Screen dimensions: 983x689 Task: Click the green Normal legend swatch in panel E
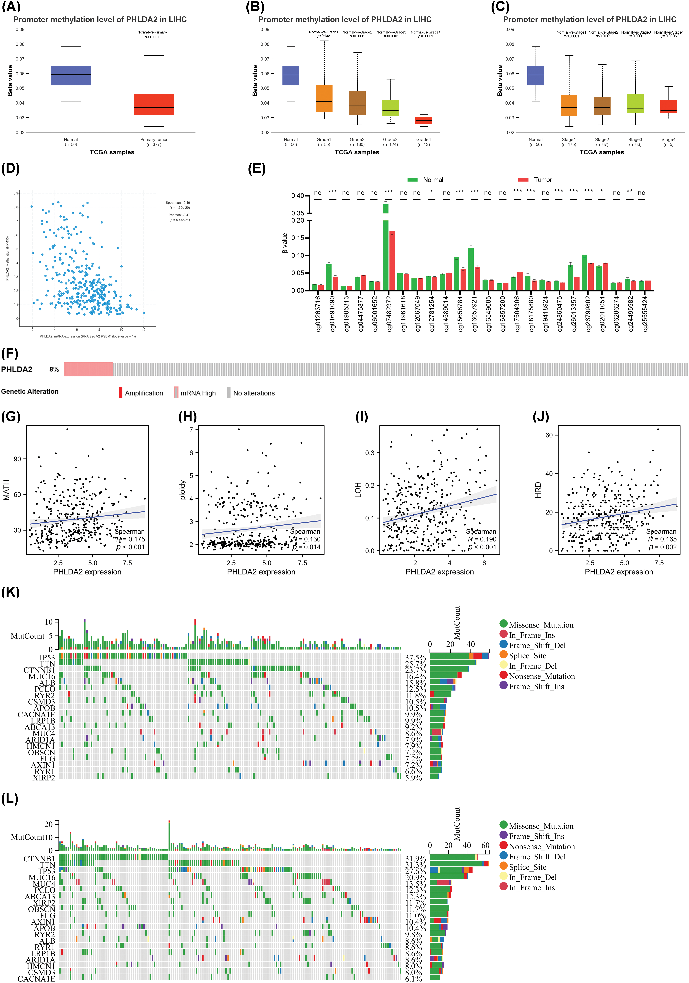412,180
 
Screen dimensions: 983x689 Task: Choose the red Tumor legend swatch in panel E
523,180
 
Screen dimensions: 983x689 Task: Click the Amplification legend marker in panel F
121,393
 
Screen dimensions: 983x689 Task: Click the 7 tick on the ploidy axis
191,429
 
